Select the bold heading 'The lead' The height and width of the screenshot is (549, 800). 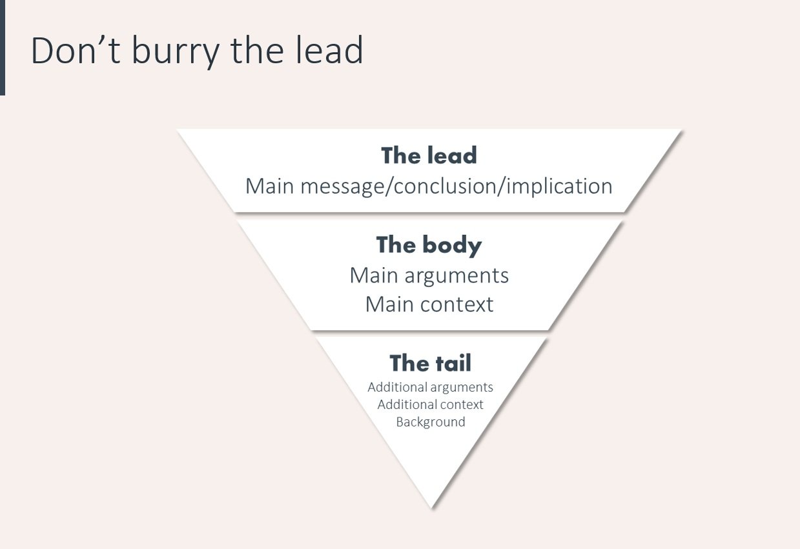pos(429,155)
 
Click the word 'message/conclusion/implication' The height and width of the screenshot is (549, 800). pos(456,186)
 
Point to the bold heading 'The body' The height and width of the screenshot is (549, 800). pos(429,245)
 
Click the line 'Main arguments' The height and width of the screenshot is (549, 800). pos(429,275)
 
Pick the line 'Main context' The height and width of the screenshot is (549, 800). pos(429,304)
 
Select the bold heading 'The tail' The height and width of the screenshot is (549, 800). pos(430,363)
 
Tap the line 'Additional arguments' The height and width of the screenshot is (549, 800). pos(430,387)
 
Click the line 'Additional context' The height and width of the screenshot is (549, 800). pos(430,404)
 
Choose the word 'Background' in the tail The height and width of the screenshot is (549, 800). pos(430,422)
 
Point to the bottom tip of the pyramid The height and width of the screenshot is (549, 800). pos(431,505)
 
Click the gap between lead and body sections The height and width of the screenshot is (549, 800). pos(429,216)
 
